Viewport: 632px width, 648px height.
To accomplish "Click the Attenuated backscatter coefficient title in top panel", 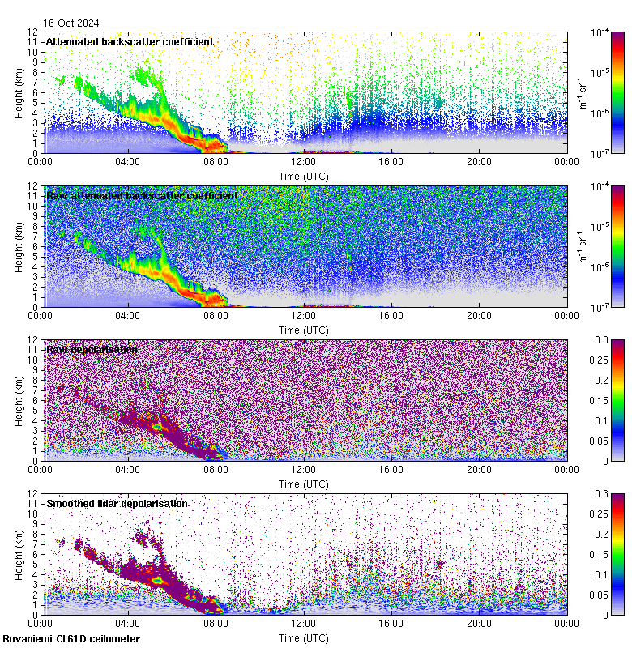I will (x=130, y=41).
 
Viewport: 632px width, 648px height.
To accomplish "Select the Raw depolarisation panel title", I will (x=92, y=350).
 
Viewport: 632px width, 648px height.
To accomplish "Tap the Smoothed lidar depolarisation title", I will (x=117, y=504).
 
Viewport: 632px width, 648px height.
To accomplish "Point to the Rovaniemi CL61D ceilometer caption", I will (x=70, y=640).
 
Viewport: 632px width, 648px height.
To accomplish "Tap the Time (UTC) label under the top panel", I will (x=303, y=176).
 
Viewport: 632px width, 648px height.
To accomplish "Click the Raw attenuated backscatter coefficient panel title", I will (x=142, y=196).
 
